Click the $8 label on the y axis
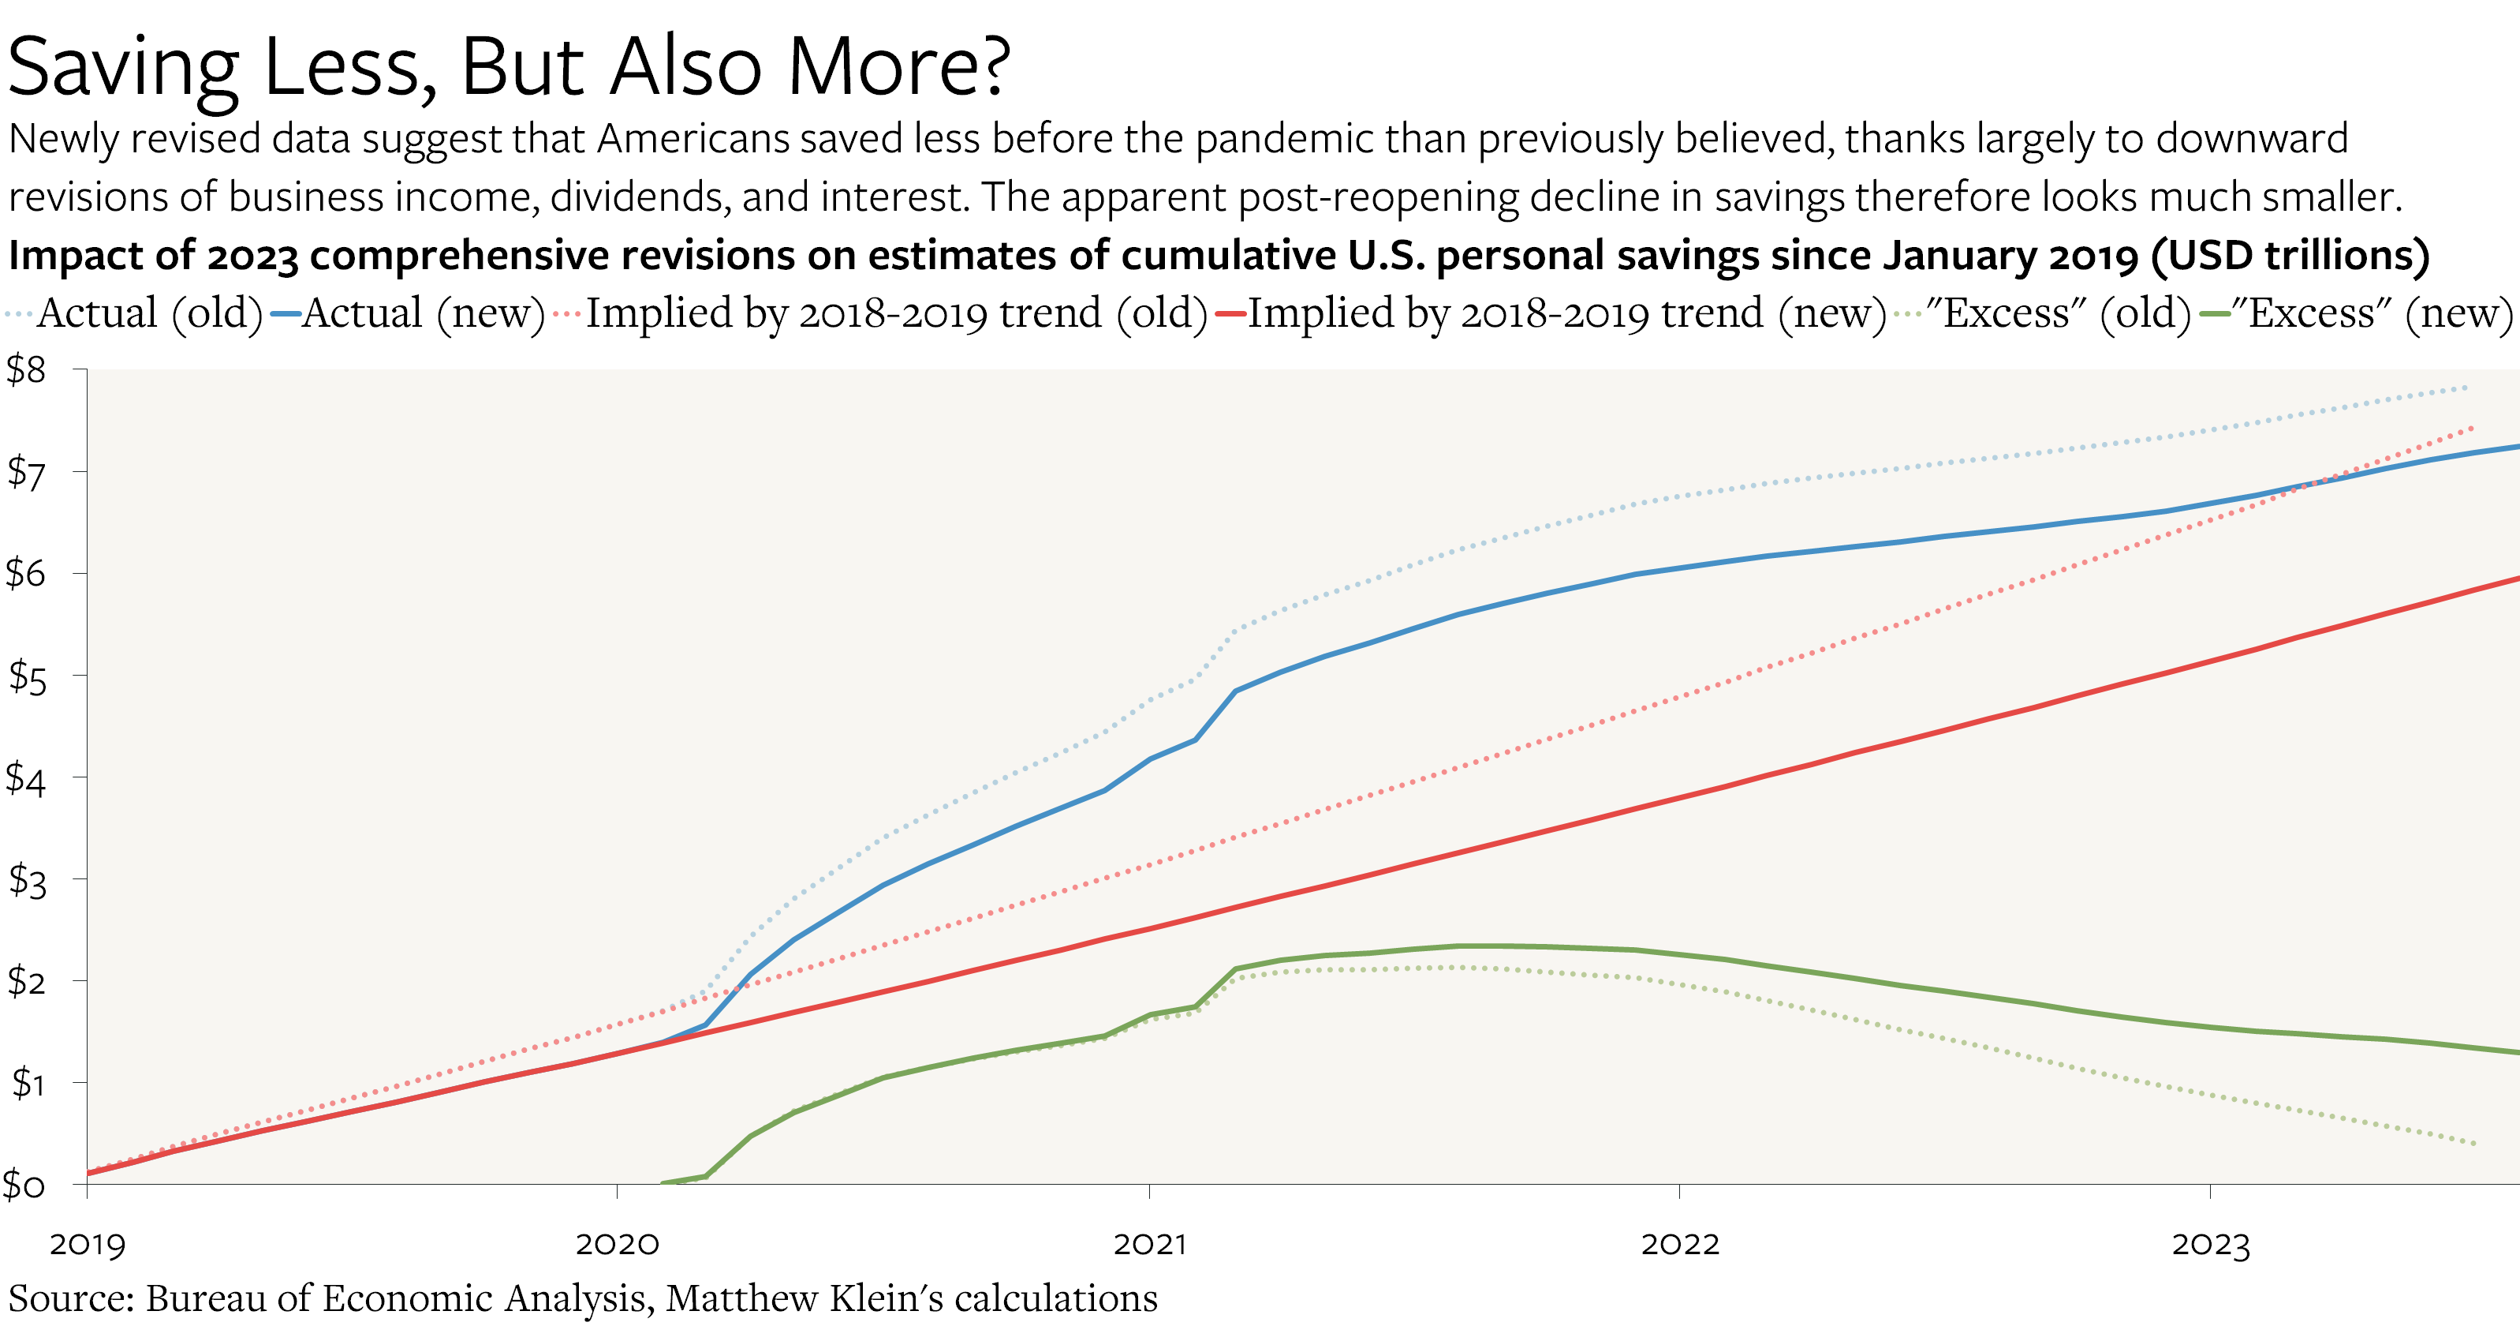tap(26, 370)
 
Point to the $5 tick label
tap(26, 677)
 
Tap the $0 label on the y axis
tap(24, 1185)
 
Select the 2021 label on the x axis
tap(1149, 1245)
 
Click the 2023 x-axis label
tap(2211, 1245)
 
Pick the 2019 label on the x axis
tap(88, 1245)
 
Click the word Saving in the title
tap(123, 69)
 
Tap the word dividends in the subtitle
tap(638, 197)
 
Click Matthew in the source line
tap(741, 1298)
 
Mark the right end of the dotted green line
tap(2475, 1143)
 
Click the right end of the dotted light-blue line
tap(2467, 388)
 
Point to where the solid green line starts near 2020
tap(663, 1183)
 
